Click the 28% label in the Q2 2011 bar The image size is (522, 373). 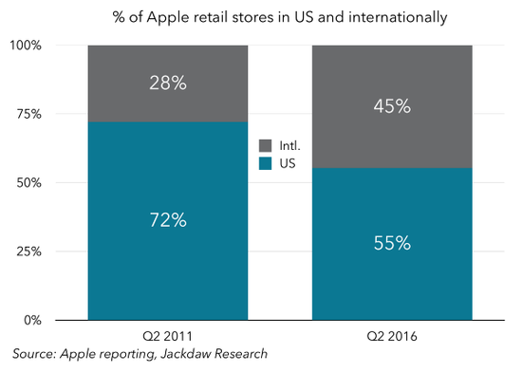168,83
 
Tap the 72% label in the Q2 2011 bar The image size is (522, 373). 168,220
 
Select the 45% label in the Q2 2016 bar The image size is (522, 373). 392,106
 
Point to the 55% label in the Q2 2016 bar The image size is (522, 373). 392,243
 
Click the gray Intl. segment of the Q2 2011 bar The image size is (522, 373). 168,84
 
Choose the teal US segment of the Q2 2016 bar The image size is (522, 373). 392,244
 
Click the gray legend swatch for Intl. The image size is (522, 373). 265,145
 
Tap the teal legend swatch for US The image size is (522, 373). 265,163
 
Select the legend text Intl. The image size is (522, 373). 289,145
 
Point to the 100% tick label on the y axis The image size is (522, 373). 26,46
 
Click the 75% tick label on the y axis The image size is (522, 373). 29,114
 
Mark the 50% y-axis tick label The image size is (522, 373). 29,183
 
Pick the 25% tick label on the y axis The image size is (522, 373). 29,252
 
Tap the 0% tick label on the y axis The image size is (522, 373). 32,321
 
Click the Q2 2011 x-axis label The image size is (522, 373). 167,336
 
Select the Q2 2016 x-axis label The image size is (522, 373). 392,336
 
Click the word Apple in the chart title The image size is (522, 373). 168,17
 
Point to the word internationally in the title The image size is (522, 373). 398,17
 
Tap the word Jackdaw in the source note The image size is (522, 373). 185,354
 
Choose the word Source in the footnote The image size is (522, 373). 34,354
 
